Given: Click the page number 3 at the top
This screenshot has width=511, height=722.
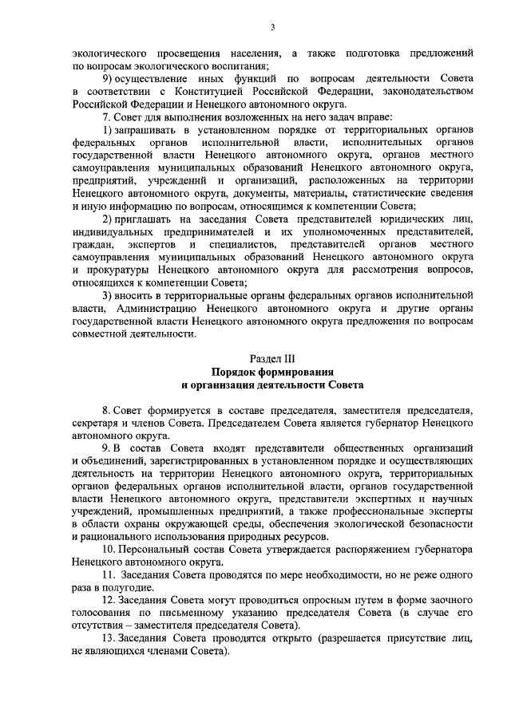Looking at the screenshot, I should point(272,28).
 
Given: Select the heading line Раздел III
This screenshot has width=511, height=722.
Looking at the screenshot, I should point(272,359).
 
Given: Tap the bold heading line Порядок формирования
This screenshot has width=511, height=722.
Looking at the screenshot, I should point(272,372).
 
